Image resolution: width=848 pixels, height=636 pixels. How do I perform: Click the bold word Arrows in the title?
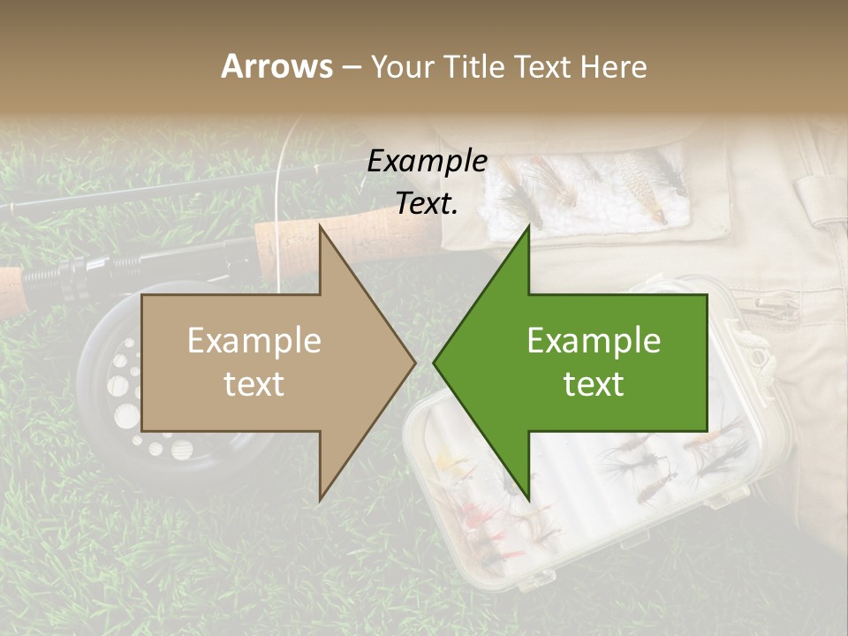276,66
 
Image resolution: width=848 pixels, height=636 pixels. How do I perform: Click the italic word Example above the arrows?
427,161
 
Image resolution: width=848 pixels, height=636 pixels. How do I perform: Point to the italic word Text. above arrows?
427,204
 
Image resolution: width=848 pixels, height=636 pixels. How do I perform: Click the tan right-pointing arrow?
265,362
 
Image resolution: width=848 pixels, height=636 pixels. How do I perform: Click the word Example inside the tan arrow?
254,341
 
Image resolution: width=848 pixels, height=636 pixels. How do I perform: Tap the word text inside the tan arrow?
254,383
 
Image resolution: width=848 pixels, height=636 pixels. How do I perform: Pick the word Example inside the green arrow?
594,341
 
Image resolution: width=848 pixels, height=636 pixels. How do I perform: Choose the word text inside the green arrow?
594,383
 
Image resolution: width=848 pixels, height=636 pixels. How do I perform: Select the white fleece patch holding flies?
583,190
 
